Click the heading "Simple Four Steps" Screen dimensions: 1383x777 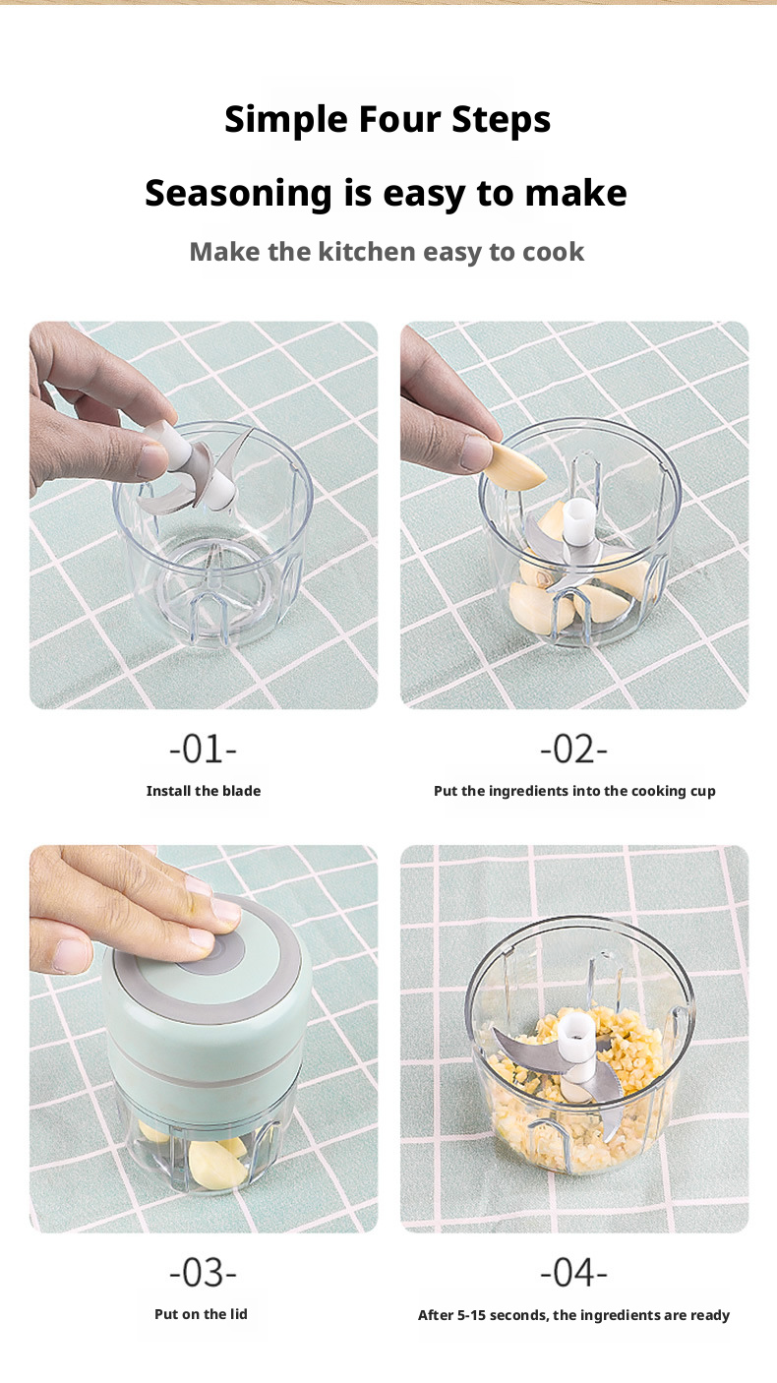pyautogui.click(x=388, y=120)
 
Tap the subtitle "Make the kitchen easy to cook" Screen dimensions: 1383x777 pyautogui.click(x=387, y=252)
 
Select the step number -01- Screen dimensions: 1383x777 pyautogui.click(x=203, y=750)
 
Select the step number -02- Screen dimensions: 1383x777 pyautogui.click(x=573, y=750)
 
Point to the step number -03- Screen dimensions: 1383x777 pyautogui.click(x=203, y=1273)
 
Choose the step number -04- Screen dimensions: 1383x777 pyautogui.click(x=573, y=1273)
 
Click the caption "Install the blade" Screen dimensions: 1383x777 pyautogui.click(x=204, y=791)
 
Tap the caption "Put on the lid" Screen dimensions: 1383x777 pyautogui.click(x=201, y=1314)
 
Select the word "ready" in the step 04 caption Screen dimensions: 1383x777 pyautogui.click(x=708, y=1315)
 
